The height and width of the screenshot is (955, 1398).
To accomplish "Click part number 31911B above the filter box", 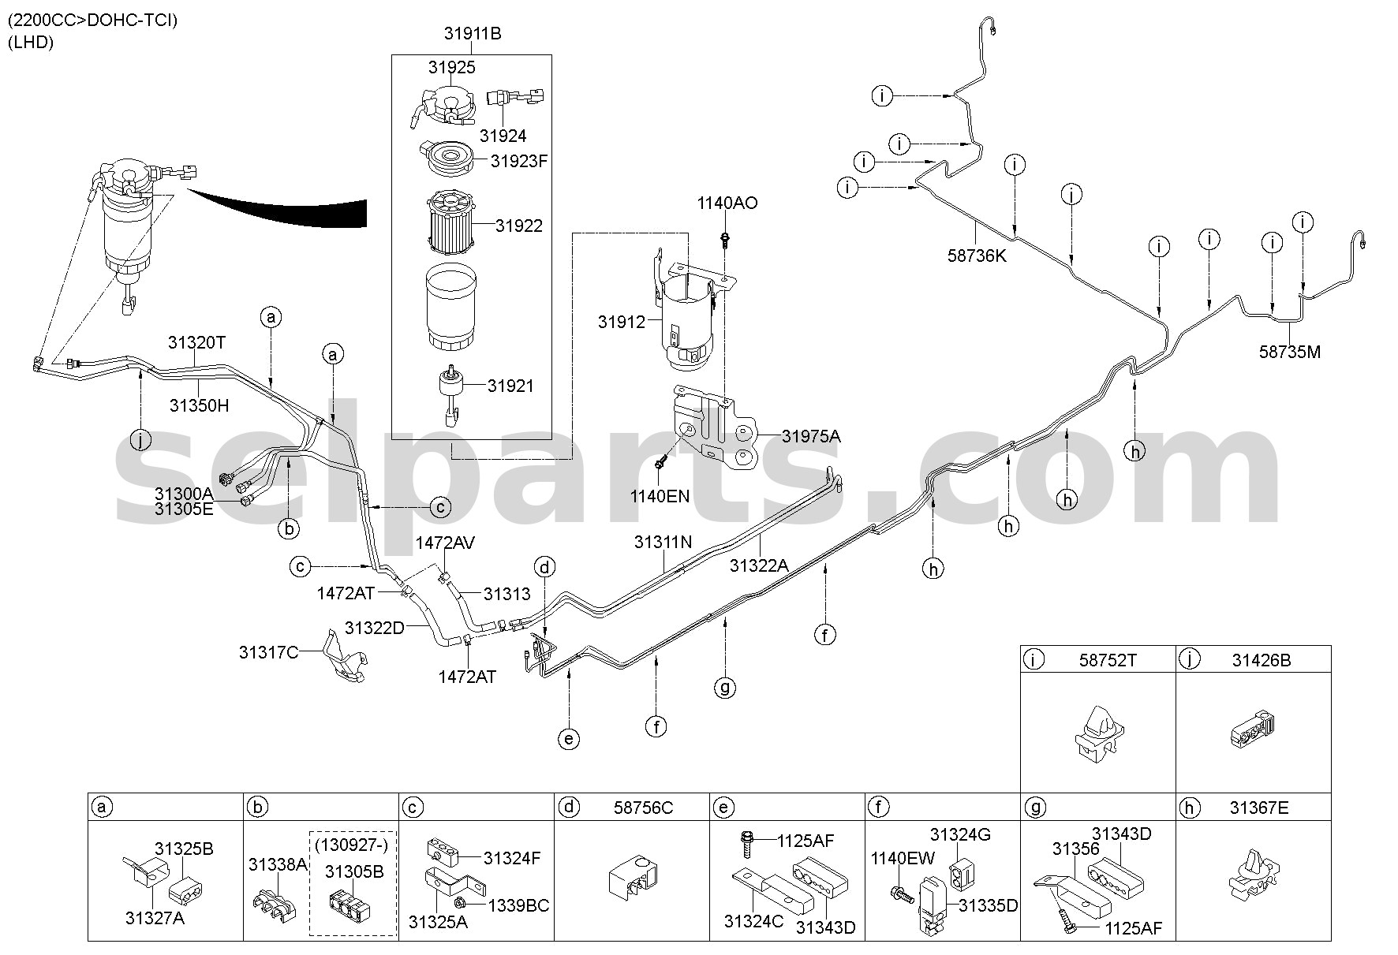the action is tap(472, 34).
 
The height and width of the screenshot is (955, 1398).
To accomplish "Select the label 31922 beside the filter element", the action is tap(519, 226).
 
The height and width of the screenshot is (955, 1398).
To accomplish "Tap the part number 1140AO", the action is tap(727, 203).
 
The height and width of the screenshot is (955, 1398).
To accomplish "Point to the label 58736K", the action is tap(977, 256).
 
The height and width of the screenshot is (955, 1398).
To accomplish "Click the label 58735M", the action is tap(1290, 353).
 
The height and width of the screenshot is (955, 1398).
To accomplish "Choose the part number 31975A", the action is tap(811, 436).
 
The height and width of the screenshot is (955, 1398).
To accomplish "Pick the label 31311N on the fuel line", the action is tap(663, 543).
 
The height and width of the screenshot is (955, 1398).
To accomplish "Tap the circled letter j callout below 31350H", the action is tap(140, 441).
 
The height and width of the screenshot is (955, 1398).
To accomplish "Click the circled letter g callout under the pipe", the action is tap(725, 688).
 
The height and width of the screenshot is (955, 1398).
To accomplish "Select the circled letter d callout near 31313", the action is tap(544, 566).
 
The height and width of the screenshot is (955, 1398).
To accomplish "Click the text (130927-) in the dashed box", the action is tap(352, 845).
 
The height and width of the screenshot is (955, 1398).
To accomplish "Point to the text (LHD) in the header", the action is tap(31, 43).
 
